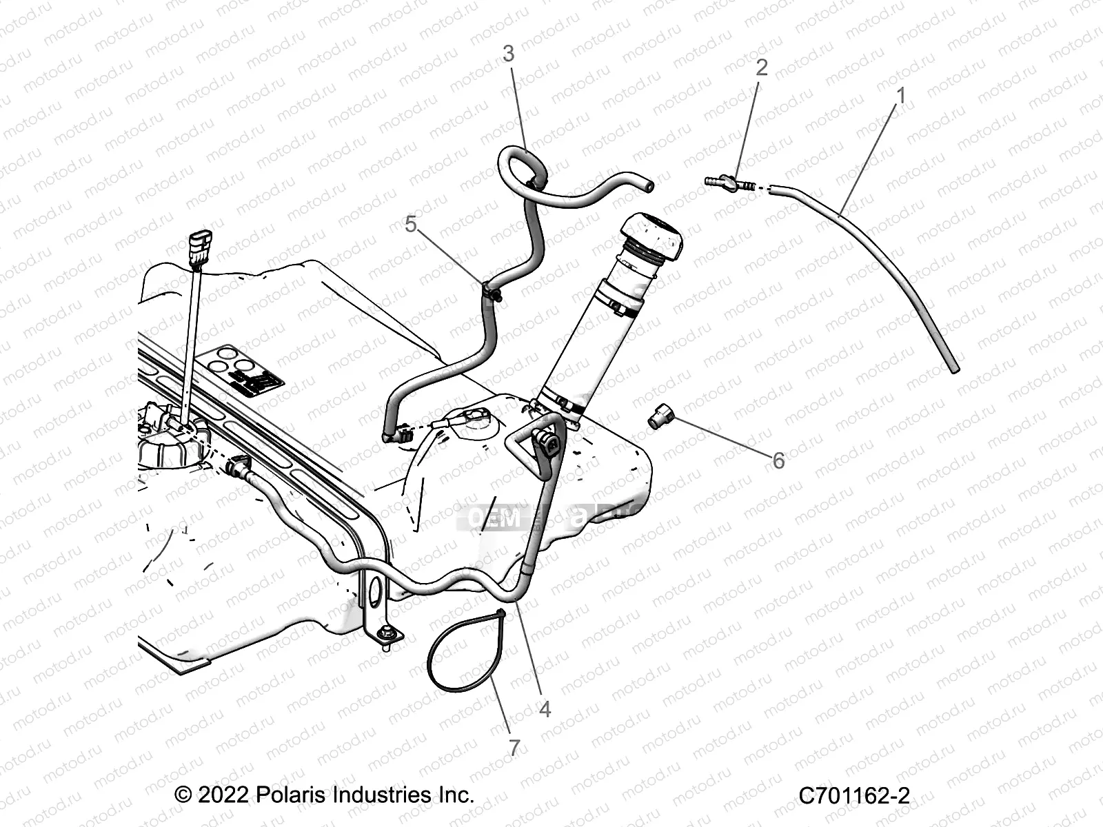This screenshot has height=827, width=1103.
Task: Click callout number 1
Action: tap(900, 95)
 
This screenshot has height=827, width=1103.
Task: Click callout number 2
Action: tap(761, 68)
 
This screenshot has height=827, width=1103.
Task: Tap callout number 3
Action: tap(508, 54)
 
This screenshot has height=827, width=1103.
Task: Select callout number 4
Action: tap(545, 708)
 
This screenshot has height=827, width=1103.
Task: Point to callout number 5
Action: tap(411, 224)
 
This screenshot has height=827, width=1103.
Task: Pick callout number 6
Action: tap(778, 460)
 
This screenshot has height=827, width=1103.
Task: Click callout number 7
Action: tap(514, 748)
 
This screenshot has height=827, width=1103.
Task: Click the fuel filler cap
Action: tap(651, 238)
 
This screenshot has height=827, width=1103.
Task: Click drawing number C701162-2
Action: tap(853, 796)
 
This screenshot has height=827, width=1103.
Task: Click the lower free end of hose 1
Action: tap(955, 369)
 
